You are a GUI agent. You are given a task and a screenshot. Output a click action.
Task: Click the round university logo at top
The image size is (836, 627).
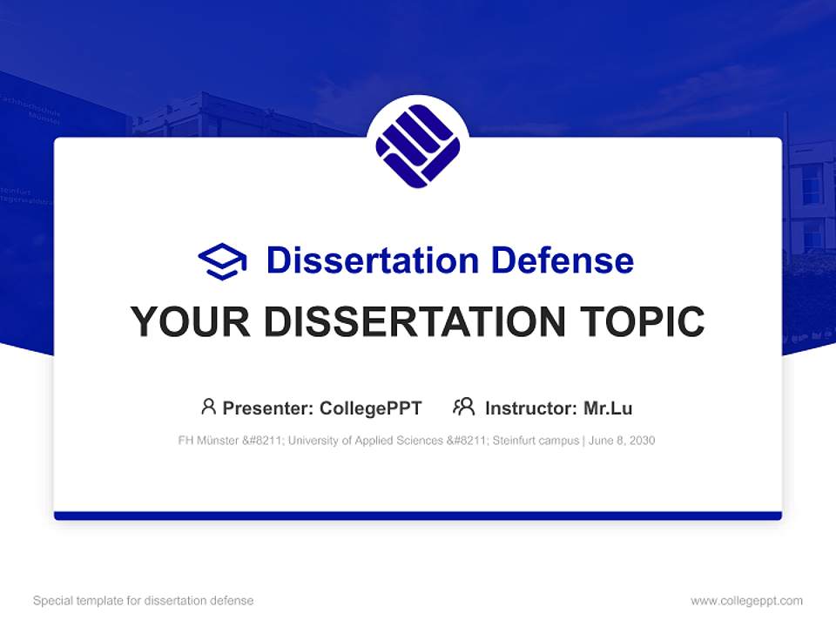(x=418, y=145)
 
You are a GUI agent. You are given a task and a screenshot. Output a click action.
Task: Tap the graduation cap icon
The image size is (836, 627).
(x=222, y=260)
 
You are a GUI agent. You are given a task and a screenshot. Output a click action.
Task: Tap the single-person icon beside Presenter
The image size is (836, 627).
(x=208, y=407)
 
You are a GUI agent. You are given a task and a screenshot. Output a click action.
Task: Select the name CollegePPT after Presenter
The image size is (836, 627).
(x=371, y=408)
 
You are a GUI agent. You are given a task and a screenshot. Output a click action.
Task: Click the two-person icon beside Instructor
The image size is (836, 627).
(x=464, y=407)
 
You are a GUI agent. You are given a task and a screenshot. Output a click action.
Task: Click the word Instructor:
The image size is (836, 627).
(x=530, y=408)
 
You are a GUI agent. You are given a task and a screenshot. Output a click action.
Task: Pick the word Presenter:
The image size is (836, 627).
(x=268, y=408)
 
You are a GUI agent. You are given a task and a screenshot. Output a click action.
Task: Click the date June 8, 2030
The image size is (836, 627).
(x=622, y=441)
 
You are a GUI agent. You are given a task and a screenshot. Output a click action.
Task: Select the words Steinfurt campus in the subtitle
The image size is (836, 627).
(x=536, y=441)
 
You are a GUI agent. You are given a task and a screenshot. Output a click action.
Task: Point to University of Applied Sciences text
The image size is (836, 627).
(x=365, y=441)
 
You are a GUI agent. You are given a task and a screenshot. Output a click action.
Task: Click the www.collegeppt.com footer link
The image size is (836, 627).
(x=746, y=601)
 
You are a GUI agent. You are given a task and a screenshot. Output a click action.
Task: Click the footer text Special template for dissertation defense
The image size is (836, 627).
(x=144, y=601)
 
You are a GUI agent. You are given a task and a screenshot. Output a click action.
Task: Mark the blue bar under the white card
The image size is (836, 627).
(x=418, y=516)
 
